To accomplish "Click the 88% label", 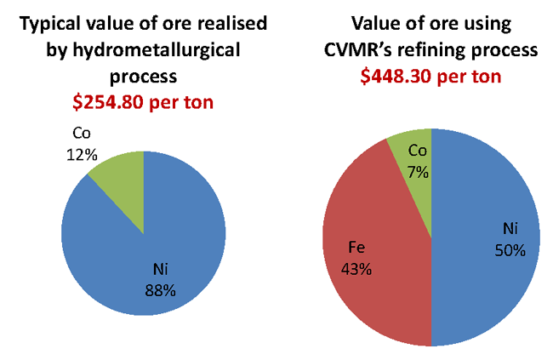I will coord(160,290).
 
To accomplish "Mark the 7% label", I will coord(418,170).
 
